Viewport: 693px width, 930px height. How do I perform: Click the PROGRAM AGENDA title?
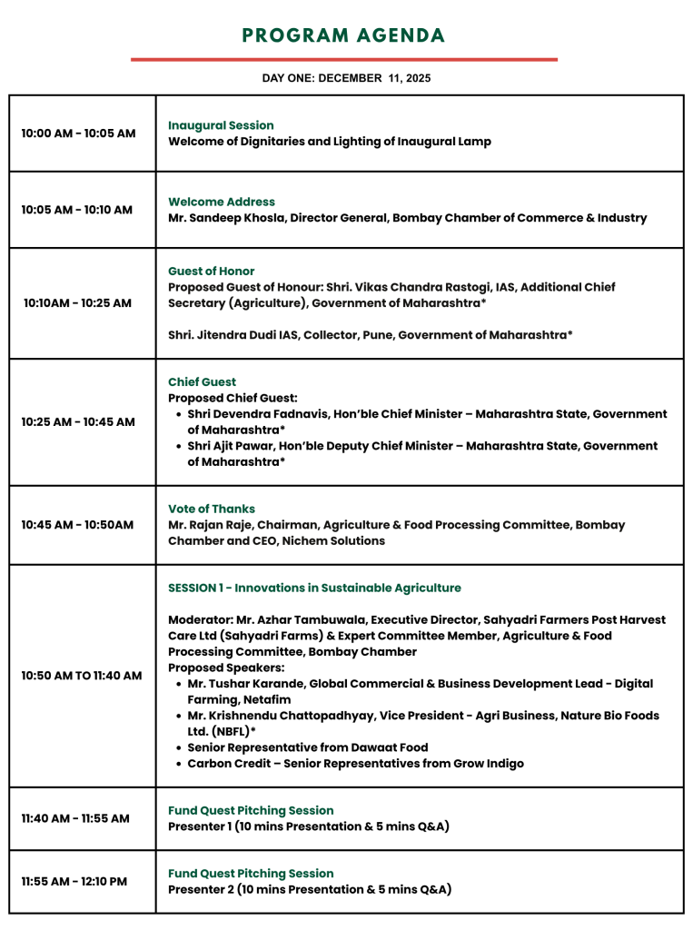click(x=343, y=36)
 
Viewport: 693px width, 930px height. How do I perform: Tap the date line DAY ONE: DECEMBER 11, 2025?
click(x=346, y=78)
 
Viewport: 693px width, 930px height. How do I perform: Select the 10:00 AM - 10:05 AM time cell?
click(x=78, y=134)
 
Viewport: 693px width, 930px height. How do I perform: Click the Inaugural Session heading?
click(x=221, y=125)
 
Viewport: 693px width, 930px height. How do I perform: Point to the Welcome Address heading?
click(x=222, y=202)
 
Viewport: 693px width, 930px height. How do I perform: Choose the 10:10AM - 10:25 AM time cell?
click(x=78, y=303)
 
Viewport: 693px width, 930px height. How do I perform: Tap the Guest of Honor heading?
click(x=212, y=271)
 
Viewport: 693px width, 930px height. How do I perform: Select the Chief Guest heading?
click(x=202, y=381)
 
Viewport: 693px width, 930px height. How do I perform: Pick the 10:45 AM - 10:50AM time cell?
click(x=78, y=525)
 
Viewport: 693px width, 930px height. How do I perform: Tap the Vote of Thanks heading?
click(x=212, y=509)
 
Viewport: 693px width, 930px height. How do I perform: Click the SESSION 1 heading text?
click(x=314, y=588)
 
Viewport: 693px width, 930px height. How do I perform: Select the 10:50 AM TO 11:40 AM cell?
click(x=82, y=676)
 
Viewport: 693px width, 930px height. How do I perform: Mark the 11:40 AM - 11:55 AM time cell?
click(x=75, y=818)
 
